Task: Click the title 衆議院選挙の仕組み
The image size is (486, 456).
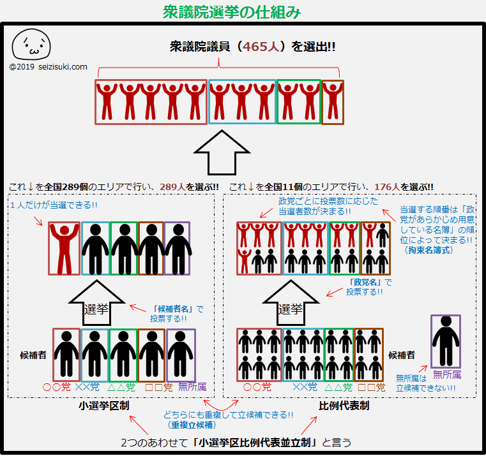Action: [232, 12]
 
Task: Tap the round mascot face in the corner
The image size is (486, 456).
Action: [31, 44]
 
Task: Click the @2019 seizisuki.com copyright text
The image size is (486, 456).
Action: [49, 67]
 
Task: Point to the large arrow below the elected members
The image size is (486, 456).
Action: [222, 152]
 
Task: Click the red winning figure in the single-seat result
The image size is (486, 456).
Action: [64, 249]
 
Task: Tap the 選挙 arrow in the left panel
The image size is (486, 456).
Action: [96, 304]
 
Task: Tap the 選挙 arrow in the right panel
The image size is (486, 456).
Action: [291, 304]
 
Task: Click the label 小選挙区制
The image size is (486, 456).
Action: [104, 406]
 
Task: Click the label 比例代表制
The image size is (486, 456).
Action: [344, 406]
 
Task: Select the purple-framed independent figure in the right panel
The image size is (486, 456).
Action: [446, 341]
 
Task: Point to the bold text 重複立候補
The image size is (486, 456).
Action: [192, 425]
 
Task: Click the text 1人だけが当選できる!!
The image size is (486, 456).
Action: [54, 205]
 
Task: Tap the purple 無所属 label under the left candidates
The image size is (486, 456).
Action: [192, 386]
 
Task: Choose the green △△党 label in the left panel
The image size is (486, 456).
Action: [121, 387]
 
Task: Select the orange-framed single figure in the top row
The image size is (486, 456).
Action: [333, 102]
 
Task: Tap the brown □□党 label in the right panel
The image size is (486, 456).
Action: [371, 387]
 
